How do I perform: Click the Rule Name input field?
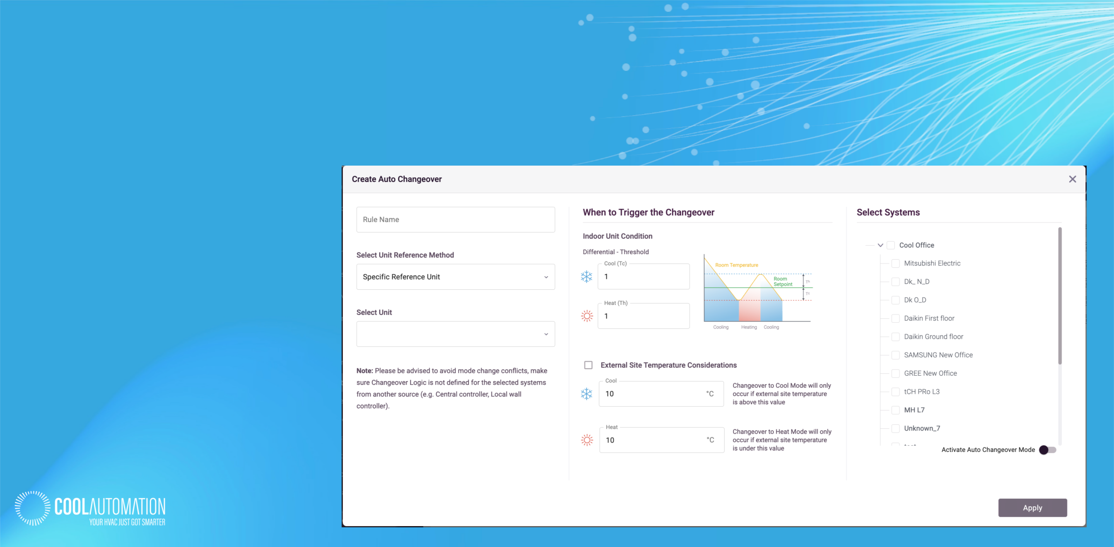click(455, 220)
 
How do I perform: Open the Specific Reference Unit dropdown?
click(455, 277)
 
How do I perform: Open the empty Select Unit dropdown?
click(455, 334)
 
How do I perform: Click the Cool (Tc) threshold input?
click(644, 277)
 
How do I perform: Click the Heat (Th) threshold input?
click(644, 316)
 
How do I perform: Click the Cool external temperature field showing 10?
click(661, 394)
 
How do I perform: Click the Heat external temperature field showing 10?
click(662, 440)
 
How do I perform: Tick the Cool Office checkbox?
click(891, 245)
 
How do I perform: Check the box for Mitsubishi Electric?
click(895, 263)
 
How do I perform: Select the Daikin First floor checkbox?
click(895, 318)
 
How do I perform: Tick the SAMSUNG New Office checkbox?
click(895, 355)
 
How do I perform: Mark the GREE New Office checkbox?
click(895, 373)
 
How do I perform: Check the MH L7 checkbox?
click(895, 410)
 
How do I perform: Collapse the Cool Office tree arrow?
click(880, 245)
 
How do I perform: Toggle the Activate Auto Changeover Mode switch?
click(1047, 450)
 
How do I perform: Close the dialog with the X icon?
click(1073, 179)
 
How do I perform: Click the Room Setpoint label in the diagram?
click(783, 282)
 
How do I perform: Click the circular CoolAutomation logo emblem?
click(32, 508)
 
